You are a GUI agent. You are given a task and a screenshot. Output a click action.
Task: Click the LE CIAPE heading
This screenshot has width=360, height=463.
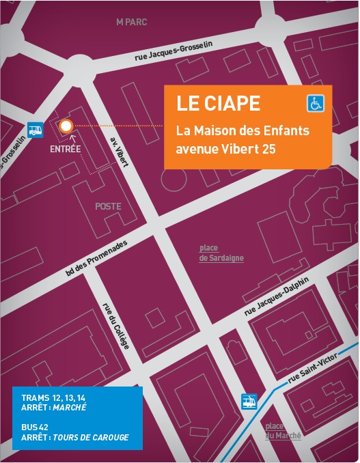pyautogui.click(x=218, y=104)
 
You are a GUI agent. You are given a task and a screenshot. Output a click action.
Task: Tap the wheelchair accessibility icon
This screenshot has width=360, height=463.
pyautogui.click(x=316, y=104)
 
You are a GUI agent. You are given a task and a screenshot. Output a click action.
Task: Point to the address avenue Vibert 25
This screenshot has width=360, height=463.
pyautogui.click(x=225, y=147)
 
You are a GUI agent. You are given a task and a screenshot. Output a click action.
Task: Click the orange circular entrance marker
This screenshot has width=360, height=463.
pyautogui.click(x=66, y=126)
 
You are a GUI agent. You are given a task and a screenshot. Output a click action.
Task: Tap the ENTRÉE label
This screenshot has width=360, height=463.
pyautogui.click(x=66, y=148)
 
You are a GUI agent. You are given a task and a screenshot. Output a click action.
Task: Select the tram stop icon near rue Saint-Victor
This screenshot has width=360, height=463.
pyautogui.click(x=249, y=402)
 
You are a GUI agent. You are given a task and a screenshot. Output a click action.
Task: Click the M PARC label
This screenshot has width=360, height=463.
pyautogui.click(x=131, y=22)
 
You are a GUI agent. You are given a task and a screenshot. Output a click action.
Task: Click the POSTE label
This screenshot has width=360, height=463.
pyautogui.click(x=108, y=206)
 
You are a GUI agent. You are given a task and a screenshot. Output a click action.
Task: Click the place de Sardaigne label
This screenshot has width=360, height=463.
pyautogui.click(x=221, y=253)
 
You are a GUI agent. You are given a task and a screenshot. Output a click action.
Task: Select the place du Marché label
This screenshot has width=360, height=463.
pyautogui.click(x=283, y=431)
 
